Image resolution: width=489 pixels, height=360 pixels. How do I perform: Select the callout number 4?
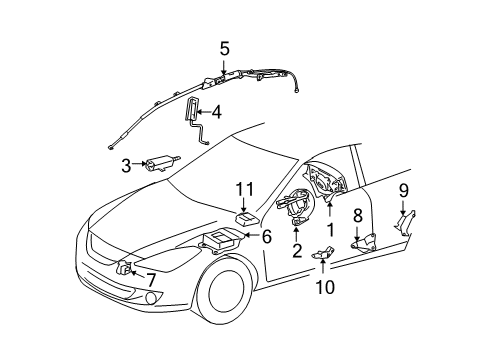pos(216,113)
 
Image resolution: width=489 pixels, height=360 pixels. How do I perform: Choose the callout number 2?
pos(297,252)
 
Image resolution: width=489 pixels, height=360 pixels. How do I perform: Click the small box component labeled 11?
pos(247,212)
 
